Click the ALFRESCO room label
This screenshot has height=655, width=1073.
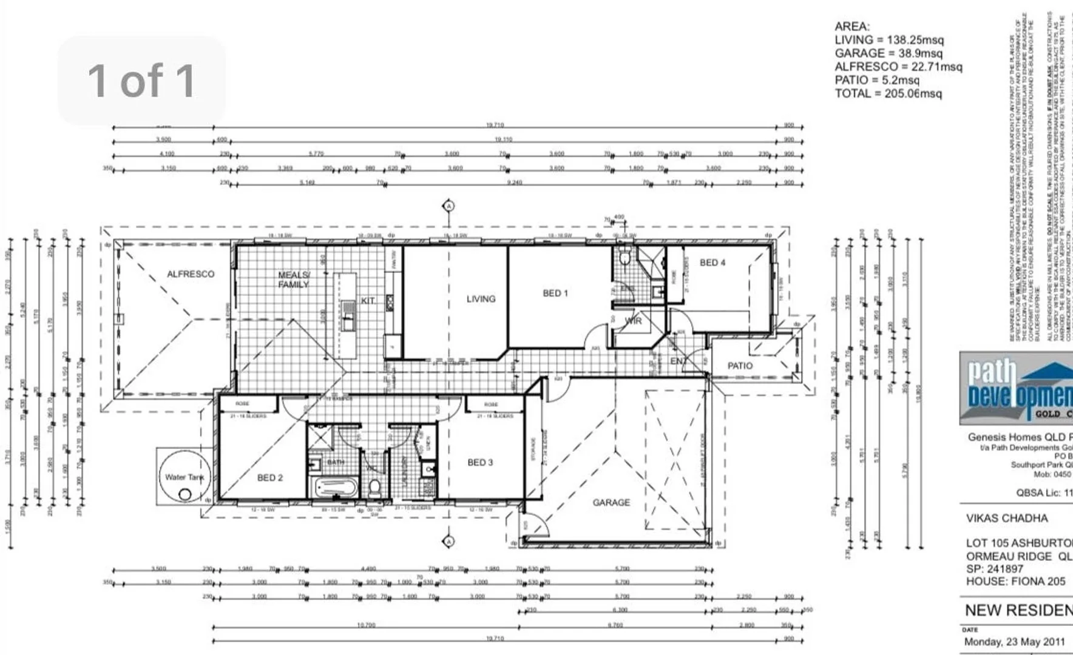pos(191,274)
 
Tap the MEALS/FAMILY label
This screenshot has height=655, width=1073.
pos(294,280)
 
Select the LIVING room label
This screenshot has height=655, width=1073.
pos(481,299)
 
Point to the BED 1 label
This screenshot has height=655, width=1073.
pos(555,294)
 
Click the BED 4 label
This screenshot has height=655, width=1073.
pos(712,263)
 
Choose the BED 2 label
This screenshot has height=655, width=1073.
pos(270,478)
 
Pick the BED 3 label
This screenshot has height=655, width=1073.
pos(480,463)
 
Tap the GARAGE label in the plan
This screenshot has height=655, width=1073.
pos(611,503)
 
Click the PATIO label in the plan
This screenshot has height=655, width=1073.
pos(740,366)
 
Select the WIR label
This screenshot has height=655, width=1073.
pos(633,321)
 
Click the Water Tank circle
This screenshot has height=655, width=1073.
pos(184,478)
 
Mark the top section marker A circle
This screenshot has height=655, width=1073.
pos(448,206)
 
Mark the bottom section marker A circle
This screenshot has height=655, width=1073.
pos(448,541)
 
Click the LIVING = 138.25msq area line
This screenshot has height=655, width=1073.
pos(889,40)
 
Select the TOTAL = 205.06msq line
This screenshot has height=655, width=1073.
pos(888,93)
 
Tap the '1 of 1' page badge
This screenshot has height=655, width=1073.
pos(141,80)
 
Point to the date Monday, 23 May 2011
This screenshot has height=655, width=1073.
pos(1014,642)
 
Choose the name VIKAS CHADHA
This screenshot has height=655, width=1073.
pos(1007,519)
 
